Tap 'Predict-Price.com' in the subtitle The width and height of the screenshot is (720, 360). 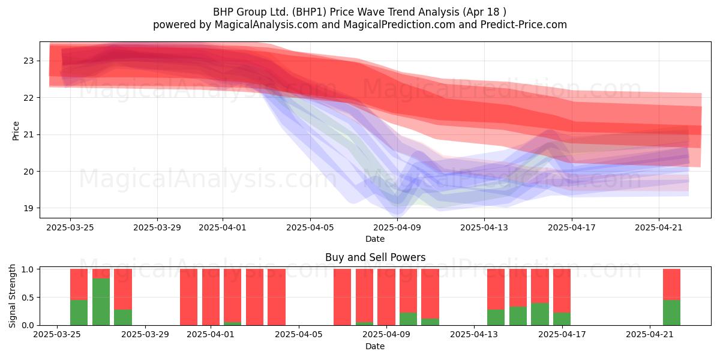point(524,25)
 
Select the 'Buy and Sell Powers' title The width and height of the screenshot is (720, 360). point(375,257)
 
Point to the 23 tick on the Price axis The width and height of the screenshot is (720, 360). point(29,61)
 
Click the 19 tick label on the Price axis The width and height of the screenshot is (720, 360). point(29,208)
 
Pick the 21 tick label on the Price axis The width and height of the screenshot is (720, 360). point(29,134)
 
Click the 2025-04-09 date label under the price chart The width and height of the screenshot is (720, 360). point(397,227)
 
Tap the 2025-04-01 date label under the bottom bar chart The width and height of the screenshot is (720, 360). point(211,334)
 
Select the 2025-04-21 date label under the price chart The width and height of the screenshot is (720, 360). point(659,227)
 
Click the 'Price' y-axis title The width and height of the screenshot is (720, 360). point(16,131)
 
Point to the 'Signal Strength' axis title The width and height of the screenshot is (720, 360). point(12,296)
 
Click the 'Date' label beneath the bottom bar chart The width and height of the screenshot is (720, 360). point(375,346)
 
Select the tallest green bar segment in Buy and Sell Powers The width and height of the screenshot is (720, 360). point(101,301)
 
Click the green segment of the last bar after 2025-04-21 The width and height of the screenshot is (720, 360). point(672,313)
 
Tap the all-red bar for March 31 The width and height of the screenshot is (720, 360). point(188,297)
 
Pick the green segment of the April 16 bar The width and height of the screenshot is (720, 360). point(540,314)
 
